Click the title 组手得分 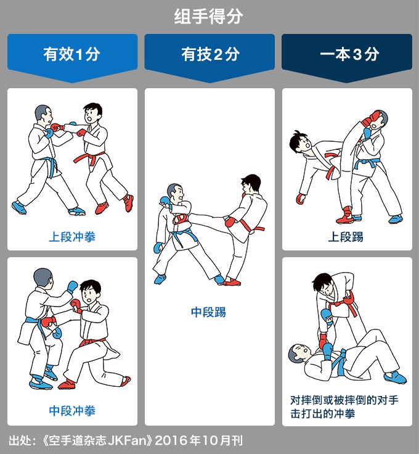(x=208, y=16)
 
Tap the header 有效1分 (x=72, y=54)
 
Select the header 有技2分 (x=210, y=54)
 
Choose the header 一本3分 (x=349, y=54)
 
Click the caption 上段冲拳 (x=72, y=237)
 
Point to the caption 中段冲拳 (x=72, y=411)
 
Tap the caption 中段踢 (x=208, y=312)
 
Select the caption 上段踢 (x=346, y=237)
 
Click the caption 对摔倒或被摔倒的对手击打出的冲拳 (x=344, y=407)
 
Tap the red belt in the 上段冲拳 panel (x=89, y=158)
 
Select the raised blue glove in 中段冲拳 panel (x=72, y=287)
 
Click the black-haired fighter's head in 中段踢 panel (x=250, y=183)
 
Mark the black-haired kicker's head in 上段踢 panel (x=300, y=142)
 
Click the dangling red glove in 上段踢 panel (x=301, y=199)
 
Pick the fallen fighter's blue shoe (x=396, y=377)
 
